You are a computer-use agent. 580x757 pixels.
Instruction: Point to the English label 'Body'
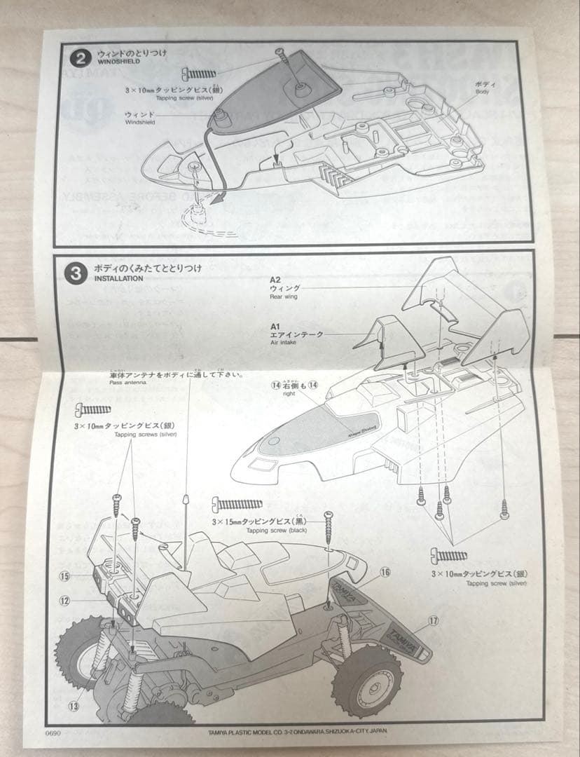click(483, 92)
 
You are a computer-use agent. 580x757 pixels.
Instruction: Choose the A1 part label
click(275, 326)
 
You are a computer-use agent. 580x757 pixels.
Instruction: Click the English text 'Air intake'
click(284, 343)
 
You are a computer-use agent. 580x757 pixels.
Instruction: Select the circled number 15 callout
click(66, 576)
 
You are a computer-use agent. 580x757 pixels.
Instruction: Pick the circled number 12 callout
click(66, 600)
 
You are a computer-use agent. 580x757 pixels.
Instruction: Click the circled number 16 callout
click(385, 573)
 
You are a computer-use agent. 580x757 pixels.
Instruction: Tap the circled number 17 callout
click(433, 620)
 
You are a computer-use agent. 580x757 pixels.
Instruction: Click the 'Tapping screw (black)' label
click(258, 531)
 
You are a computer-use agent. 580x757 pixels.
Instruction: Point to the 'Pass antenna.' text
click(126, 383)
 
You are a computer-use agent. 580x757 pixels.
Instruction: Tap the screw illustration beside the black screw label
click(239, 504)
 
